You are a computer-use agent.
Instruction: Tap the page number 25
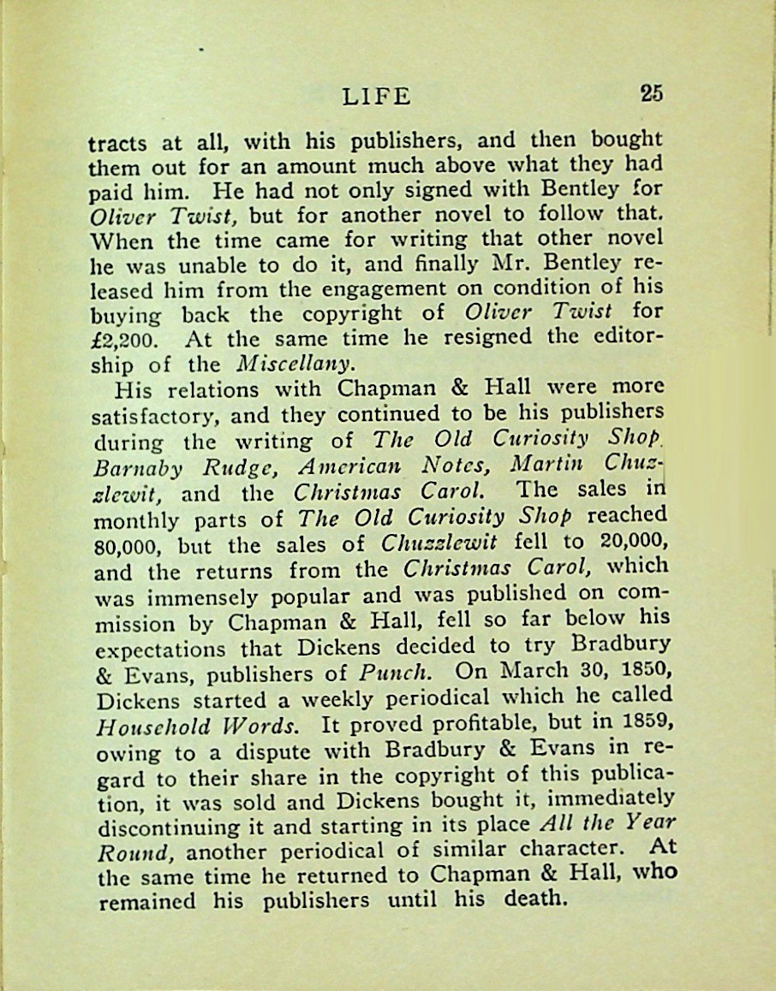pos(650,93)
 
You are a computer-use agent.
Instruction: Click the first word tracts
pos(116,143)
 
